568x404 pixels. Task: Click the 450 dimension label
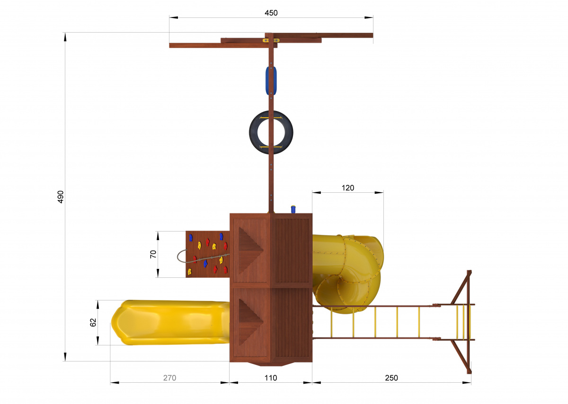point(271,13)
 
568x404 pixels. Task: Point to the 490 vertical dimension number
point(61,197)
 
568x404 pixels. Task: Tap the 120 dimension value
point(347,188)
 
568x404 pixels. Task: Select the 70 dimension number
point(153,254)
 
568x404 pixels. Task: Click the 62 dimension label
point(93,322)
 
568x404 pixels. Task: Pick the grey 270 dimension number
point(169,378)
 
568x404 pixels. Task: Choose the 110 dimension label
point(271,378)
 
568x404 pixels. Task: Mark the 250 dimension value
point(391,378)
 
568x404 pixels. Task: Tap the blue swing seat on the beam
point(271,80)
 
